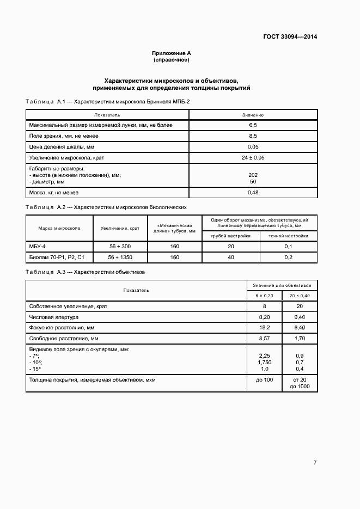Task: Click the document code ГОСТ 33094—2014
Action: (290, 37)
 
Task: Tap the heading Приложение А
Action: (171, 53)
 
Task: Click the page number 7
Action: (315, 462)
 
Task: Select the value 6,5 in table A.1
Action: (253, 125)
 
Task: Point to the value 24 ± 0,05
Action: (253, 158)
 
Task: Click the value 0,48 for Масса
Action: (253, 193)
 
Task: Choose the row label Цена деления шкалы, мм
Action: (62, 147)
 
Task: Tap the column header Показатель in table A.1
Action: (107, 115)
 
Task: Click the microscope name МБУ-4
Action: (38, 247)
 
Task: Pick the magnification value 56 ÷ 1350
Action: (119, 257)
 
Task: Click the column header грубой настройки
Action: (231, 236)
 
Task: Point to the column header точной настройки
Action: (289, 236)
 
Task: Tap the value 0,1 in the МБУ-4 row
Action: (289, 247)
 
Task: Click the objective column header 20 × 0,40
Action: (300, 295)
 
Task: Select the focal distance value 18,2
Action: (264, 328)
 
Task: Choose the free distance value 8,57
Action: (264, 338)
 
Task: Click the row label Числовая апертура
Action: (54, 317)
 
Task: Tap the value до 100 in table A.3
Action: (264, 380)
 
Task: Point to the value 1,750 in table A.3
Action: (264, 362)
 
